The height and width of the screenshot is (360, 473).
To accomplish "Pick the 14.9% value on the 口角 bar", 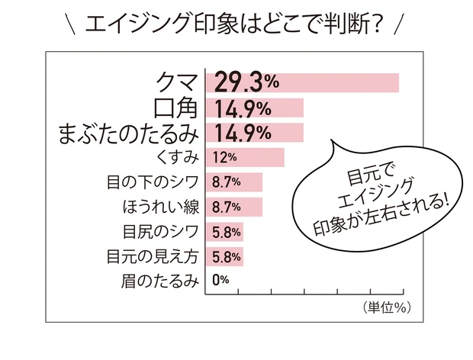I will coord(243,108).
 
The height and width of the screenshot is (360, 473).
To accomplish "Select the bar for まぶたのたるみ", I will coord(255,133).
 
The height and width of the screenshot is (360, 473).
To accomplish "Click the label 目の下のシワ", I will coord(153,182).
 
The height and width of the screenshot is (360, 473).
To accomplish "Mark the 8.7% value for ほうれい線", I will coord(227,207).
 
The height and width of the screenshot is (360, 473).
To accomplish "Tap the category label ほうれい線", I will coord(161,207).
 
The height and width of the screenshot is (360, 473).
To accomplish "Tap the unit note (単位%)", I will coord(382,307).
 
